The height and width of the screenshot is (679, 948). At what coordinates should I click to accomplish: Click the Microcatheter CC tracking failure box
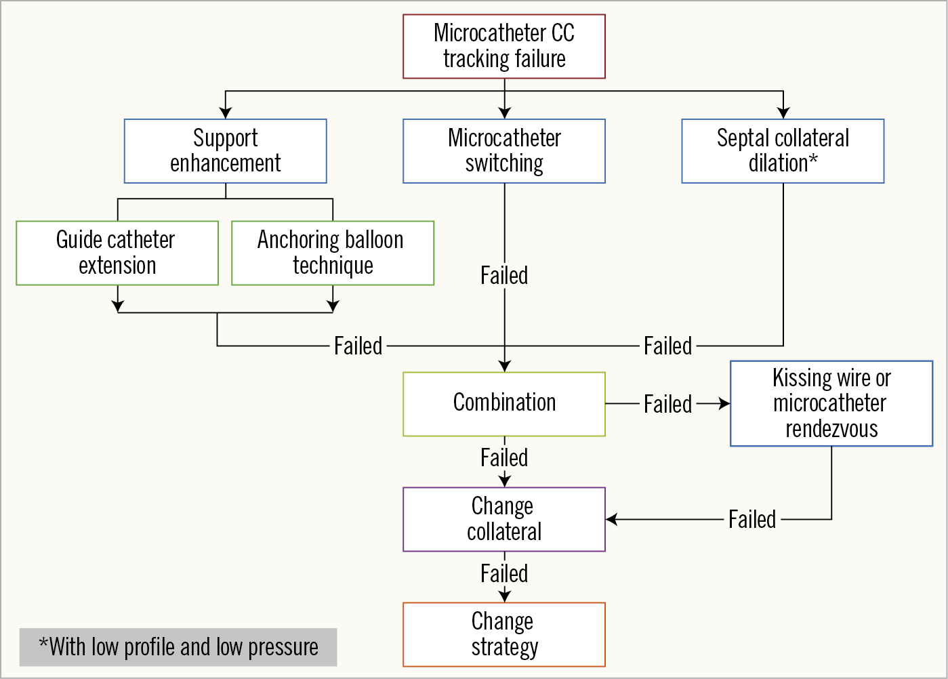504,46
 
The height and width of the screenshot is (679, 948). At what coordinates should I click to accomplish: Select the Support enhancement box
226,151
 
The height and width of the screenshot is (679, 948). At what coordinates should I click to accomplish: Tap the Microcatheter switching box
504,151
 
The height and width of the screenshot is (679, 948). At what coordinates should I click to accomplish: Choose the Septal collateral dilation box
783,151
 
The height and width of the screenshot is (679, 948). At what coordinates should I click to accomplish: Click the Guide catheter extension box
117,253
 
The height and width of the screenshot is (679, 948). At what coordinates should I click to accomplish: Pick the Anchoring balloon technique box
333,253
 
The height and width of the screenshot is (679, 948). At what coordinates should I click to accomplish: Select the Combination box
504,404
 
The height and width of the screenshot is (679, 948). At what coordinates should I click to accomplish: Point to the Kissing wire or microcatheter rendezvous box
831,403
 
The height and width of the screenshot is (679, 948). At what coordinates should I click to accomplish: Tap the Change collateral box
504,519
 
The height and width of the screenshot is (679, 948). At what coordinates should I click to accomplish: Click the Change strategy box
504,634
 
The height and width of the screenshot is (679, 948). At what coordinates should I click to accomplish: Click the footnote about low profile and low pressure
178,647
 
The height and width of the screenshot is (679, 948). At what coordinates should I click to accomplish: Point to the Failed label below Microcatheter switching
504,276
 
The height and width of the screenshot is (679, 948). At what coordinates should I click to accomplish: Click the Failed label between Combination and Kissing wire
667,404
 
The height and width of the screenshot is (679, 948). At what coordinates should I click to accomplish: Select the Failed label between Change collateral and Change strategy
504,574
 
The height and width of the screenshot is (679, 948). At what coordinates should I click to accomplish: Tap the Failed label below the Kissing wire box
752,520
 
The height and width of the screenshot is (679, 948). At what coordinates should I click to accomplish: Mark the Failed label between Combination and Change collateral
504,458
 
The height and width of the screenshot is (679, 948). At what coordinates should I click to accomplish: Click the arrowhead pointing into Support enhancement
226,113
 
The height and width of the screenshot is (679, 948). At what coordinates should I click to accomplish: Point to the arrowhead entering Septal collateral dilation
783,113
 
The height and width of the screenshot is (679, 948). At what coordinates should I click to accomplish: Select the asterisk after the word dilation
813,159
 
